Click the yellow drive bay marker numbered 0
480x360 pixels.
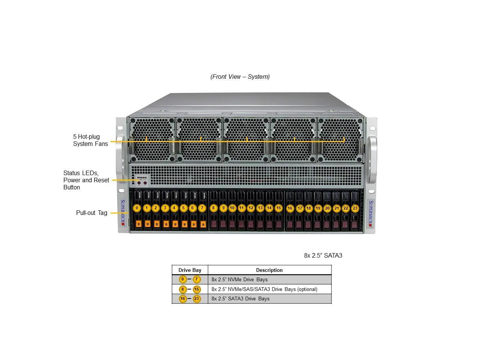point(137,208)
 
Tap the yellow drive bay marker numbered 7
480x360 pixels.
point(202,208)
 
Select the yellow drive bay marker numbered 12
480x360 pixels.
point(251,208)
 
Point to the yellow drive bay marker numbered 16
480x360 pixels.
point(290,208)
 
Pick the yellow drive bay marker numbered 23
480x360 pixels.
point(355,208)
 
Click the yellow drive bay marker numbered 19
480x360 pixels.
point(318,208)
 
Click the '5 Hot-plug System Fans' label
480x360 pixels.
point(90,140)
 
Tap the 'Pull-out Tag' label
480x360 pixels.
point(91,213)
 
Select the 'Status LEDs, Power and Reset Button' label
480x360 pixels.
point(86,180)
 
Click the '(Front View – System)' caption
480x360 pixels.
point(240,76)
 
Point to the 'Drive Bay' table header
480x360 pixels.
point(190,270)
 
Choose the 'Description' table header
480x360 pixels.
point(269,270)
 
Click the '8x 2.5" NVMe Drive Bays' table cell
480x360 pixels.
point(239,279)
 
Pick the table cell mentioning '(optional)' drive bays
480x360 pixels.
point(264,289)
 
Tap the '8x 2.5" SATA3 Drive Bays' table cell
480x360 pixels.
point(240,298)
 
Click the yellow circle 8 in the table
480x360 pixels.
point(183,289)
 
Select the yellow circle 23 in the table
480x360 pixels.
point(196,299)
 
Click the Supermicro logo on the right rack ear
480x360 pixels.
point(371,213)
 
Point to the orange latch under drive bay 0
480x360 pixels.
point(138,224)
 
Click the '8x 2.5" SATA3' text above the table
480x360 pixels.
point(323,255)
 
